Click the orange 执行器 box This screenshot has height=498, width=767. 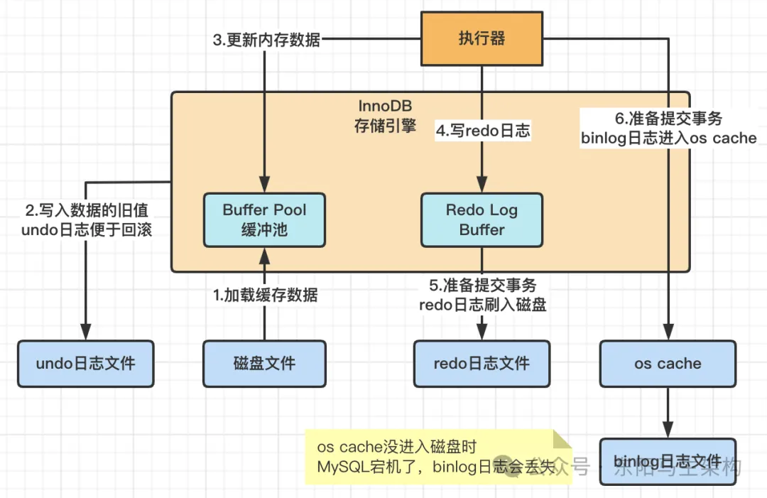pos(482,38)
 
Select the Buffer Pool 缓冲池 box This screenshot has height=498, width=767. pos(264,220)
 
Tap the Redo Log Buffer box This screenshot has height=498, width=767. pos(482,220)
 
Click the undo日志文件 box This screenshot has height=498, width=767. pos(85,364)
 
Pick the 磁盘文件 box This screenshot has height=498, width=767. pos(264,364)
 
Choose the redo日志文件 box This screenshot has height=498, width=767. pos(482,364)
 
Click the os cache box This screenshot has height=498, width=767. pos(667,364)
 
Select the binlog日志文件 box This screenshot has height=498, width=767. pos(667,462)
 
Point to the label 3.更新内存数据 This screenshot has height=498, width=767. pos(266,39)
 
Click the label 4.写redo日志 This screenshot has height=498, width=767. pos(483,131)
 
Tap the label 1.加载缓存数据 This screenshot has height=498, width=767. pos(266,295)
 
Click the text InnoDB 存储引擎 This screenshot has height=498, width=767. pos(385,117)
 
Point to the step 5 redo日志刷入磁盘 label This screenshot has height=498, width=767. pos(483,296)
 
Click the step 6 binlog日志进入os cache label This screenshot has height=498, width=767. pos(668,129)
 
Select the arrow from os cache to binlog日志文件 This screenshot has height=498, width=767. pos(667,412)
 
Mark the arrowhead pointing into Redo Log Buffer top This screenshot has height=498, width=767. pos(483,186)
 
